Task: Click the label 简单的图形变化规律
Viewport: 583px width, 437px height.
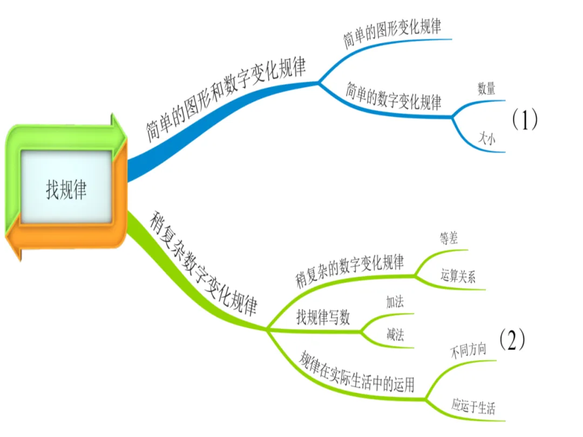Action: click(392, 34)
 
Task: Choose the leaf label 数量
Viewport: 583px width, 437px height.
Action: click(486, 88)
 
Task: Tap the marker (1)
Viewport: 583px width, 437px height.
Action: click(525, 120)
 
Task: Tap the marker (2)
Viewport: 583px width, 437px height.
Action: click(511, 339)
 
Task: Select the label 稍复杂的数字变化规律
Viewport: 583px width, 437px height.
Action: click(349, 271)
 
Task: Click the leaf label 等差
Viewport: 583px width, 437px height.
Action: click(449, 239)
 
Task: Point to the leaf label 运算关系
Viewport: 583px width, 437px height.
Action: click(458, 276)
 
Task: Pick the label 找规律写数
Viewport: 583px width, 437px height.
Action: click(323, 318)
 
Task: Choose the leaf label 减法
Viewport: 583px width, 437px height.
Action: click(395, 334)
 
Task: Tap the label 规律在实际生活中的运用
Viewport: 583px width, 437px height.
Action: click(357, 373)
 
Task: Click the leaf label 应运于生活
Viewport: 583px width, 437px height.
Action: click(473, 406)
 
